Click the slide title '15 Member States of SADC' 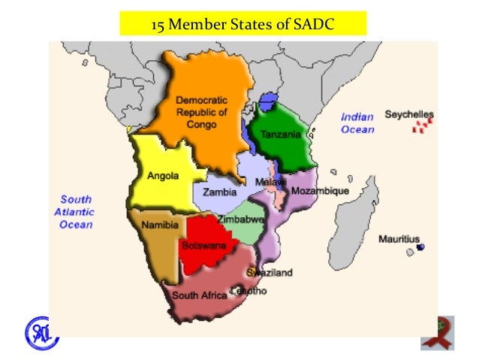coord(243,25)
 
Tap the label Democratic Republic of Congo coord(201,111)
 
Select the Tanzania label coord(280,135)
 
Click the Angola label coord(163,177)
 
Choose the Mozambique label coord(320,191)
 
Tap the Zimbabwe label coord(240,219)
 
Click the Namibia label coord(158,225)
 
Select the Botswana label coord(200,245)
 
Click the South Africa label coord(199,295)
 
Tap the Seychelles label coord(409,115)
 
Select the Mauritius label coord(399,239)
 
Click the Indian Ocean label coord(357,123)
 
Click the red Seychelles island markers coord(423,127)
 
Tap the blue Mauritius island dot coord(420,247)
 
